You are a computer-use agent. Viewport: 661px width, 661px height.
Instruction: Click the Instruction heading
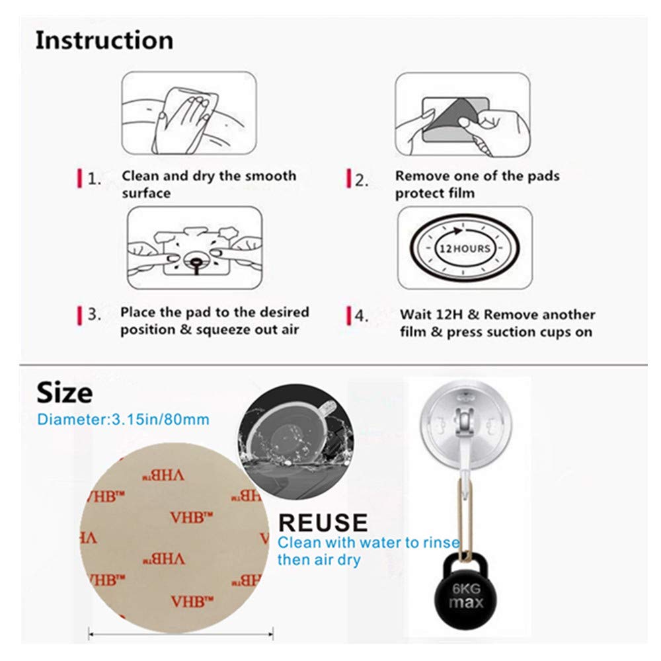pos(104,40)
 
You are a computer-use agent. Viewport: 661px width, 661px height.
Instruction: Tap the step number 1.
pos(95,179)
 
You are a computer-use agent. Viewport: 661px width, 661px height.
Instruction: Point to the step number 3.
pos(95,315)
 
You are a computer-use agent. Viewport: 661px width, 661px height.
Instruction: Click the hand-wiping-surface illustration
pos(188,114)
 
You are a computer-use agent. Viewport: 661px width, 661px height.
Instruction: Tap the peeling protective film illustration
pos(462,114)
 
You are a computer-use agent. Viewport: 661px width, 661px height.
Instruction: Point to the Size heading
pos(64,393)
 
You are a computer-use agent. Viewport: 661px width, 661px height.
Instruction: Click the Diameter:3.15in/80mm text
pos(124,419)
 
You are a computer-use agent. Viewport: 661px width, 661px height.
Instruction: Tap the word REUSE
pos(323,522)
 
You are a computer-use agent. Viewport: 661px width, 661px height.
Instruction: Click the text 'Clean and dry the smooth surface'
pos(208,184)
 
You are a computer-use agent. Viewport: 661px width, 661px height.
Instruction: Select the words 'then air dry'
pos(319,560)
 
